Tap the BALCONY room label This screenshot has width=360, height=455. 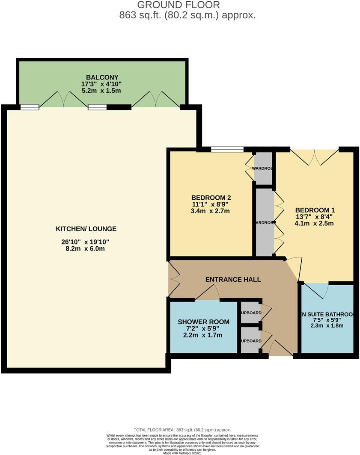[x=101, y=77]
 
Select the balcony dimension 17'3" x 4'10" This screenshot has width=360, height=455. [x=101, y=84]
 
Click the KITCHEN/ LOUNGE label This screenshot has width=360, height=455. [x=86, y=229]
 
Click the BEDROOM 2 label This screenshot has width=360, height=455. [x=211, y=198]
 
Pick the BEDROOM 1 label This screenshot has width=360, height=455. [x=315, y=210]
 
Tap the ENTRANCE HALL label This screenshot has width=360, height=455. [x=233, y=279]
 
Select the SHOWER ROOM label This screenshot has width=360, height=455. [x=203, y=322]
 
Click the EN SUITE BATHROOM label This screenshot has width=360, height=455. [x=327, y=315]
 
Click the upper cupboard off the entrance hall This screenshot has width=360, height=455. [x=250, y=313]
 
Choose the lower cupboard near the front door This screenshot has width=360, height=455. [x=250, y=340]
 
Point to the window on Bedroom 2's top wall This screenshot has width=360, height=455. [x=227, y=150]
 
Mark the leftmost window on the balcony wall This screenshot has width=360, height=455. [x=30, y=108]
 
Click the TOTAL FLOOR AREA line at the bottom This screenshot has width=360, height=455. [x=182, y=430]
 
